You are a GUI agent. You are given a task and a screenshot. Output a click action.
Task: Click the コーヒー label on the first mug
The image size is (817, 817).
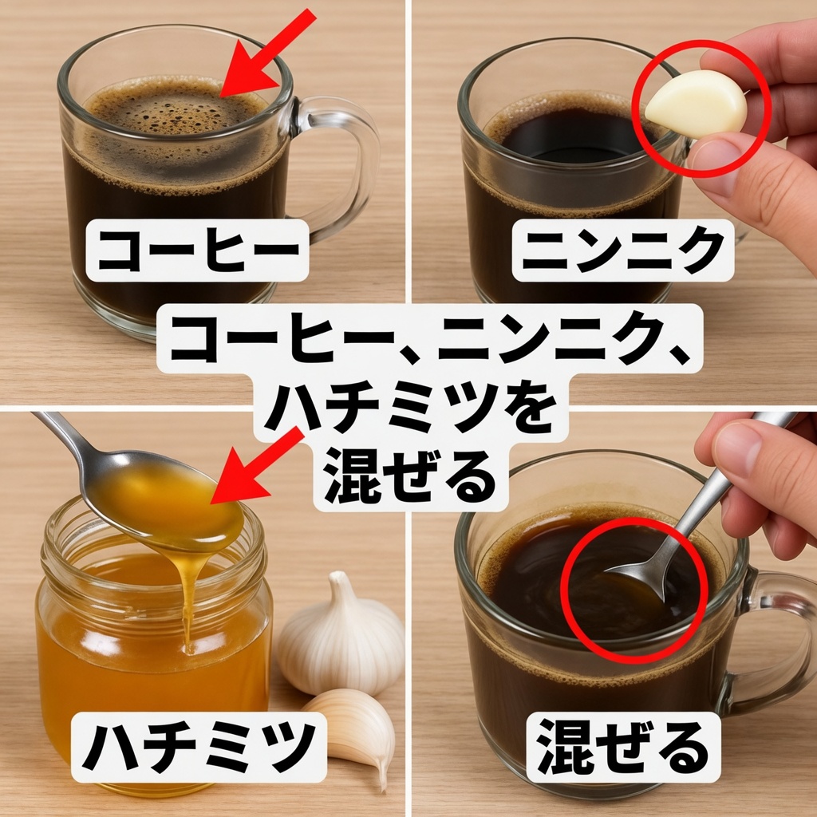[x=198, y=250]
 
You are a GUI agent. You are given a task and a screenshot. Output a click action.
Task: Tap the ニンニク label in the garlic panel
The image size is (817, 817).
[x=623, y=250]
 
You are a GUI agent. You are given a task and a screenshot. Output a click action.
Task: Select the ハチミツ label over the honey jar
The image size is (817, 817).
[x=199, y=747]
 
